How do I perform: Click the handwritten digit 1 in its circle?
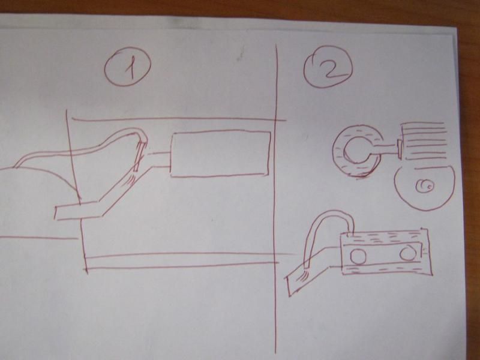tap(130, 68)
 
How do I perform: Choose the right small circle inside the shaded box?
tap(408, 253)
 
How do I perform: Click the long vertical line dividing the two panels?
tap(277, 199)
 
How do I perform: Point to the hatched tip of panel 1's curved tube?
tap(140, 155)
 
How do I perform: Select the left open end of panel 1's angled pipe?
tap(56, 214)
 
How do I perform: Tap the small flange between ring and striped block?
tap(400, 149)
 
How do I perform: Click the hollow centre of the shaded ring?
tap(356, 151)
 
